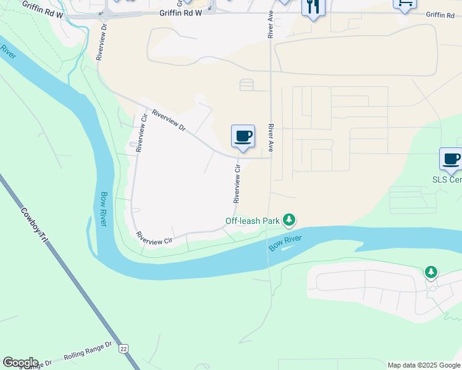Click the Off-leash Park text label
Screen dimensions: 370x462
coord(252,220)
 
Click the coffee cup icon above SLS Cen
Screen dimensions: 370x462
coord(451,158)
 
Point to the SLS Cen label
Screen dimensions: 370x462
coord(447,179)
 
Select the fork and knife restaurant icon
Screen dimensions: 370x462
coord(313,7)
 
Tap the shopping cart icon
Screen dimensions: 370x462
coord(404,4)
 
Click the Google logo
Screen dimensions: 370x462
coord(20,363)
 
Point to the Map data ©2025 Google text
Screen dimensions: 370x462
coord(423,365)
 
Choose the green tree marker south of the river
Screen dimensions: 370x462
coord(430,271)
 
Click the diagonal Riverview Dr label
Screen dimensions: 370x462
coord(169,120)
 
